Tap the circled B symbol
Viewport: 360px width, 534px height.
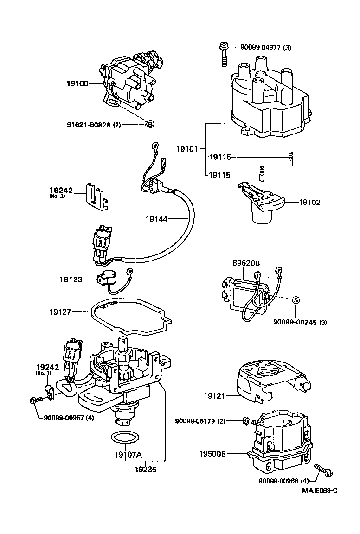pos(150,124)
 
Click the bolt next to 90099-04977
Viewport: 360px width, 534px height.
pos(223,54)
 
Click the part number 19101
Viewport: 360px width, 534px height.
pos(187,149)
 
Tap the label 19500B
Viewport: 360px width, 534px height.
pos(213,454)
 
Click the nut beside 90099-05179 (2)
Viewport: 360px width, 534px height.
pos(246,421)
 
